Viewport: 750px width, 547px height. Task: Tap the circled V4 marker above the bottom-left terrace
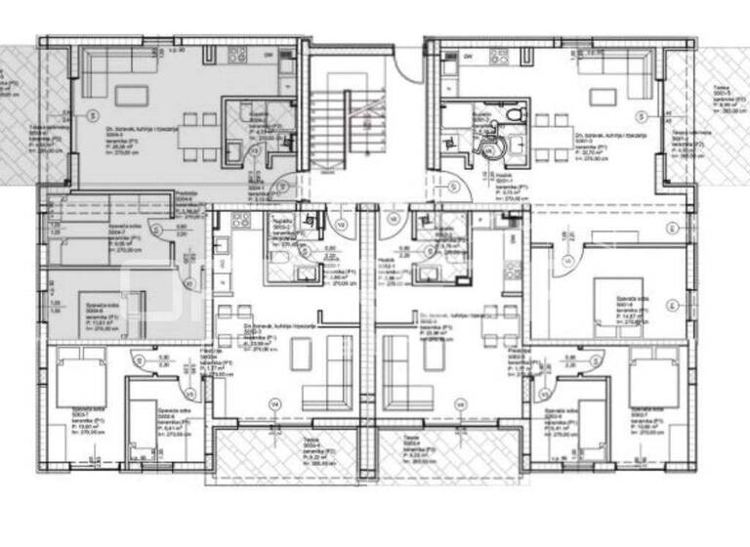click(274, 403)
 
